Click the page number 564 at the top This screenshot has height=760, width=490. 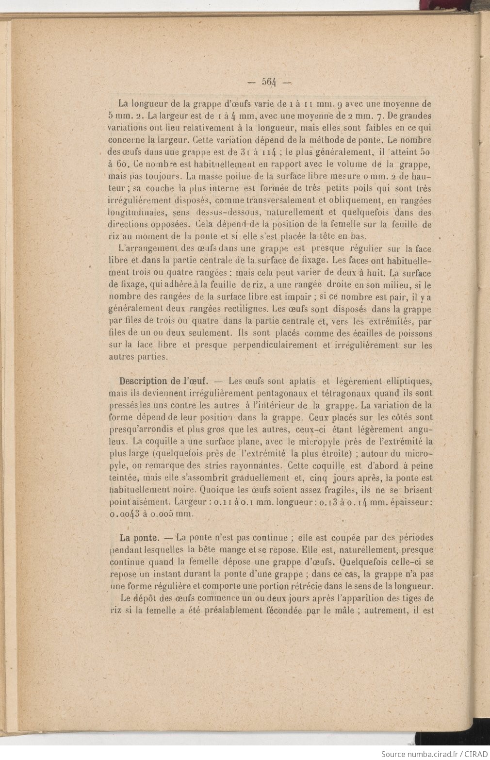click(x=268, y=82)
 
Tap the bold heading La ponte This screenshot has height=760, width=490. click(x=139, y=538)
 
